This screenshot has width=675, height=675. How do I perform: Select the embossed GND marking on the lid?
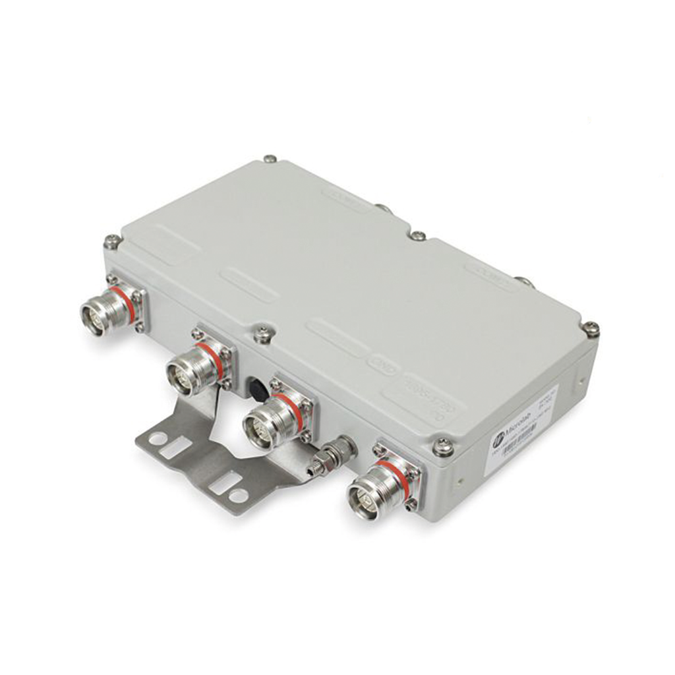pyautogui.click(x=380, y=363)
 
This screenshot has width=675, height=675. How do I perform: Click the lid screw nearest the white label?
pyautogui.click(x=443, y=447)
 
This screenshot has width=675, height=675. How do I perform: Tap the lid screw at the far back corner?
pyautogui.click(x=269, y=159)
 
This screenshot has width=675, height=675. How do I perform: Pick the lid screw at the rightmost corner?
pyautogui.click(x=591, y=328)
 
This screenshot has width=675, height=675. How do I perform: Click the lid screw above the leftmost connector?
pyautogui.click(x=112, y=242)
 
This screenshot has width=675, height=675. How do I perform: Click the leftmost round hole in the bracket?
pyautogui.click(x=158, y=438)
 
